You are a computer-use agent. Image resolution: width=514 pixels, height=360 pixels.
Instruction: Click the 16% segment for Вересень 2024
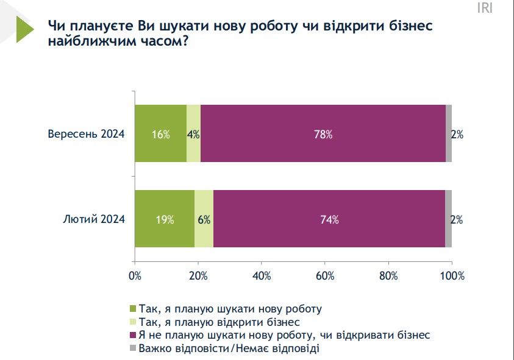(160, 133)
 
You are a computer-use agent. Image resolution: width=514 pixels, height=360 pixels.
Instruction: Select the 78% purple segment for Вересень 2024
(323, 133)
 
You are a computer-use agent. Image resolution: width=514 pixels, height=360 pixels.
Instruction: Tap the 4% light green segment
(193, 133)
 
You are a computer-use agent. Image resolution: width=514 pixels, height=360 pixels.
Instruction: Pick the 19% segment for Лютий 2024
(165, 219)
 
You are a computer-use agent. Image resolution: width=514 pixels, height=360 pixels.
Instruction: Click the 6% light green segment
(204, 219)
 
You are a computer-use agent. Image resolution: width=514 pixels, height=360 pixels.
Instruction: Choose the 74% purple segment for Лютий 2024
(329, 219)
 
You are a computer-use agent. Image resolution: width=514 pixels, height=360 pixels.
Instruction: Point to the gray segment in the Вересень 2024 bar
(448, 133)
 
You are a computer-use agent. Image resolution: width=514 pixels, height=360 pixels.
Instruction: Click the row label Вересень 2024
(86, 135)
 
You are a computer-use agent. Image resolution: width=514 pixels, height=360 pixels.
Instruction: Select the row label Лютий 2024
(95, 220)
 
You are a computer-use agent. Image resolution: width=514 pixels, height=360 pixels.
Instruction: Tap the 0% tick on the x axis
(135, 276)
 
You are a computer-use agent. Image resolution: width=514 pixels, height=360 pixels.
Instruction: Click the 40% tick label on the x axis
(262, 276)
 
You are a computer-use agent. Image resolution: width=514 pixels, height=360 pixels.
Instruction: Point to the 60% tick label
(325, 276)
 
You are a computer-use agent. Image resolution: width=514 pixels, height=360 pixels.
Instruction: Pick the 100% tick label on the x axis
(452, 276)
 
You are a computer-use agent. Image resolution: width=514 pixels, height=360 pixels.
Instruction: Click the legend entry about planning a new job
(230, 308)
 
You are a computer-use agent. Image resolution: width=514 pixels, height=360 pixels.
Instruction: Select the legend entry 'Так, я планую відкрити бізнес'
(219, 322)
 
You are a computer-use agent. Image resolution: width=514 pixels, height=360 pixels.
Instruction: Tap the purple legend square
(133, 335)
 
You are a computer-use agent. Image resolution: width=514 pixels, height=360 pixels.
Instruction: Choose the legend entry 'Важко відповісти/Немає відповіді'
(229, 348)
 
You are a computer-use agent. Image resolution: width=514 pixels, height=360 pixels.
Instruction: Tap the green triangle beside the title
(25, 29)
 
